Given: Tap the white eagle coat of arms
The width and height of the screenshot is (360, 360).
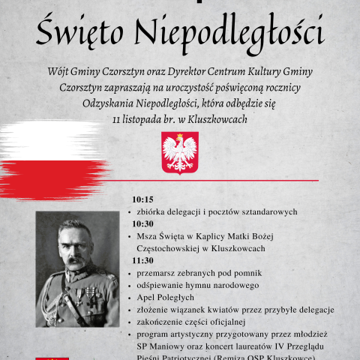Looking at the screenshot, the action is pyautogui.click(x=180, y=152).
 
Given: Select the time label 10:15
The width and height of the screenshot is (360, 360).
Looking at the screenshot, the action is pyautogui.click(x=142, y=199).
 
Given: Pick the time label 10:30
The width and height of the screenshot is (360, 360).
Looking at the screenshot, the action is pyautogui.click(x=142, y=223).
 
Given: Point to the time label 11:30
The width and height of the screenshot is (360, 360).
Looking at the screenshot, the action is pyautogui.click(x=142, y=260).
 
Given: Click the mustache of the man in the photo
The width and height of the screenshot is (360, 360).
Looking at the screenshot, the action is pyautogui.click(x=75, y=261).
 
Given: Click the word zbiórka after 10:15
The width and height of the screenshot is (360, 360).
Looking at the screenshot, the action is pyautogui.click(x=154, y=211).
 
